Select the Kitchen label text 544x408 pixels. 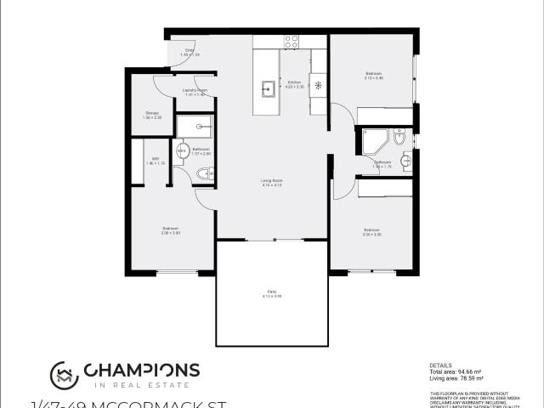293,83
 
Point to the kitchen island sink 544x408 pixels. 268,86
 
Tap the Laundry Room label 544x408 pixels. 195,92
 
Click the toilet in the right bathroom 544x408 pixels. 405,159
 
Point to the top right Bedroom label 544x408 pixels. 374,76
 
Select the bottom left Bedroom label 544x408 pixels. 171,229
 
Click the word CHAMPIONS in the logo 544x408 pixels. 141,370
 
